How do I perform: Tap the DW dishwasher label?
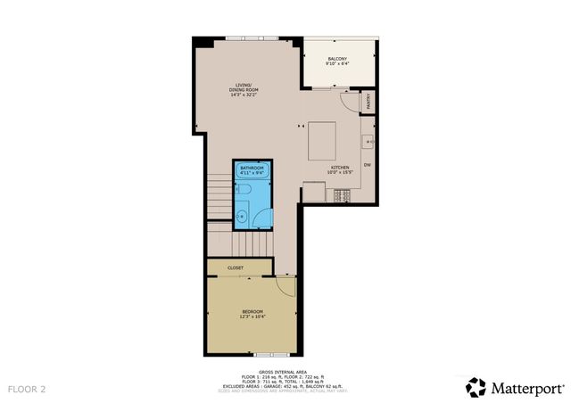click(x=367, y=165)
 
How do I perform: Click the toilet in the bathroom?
click(x=242, y=190)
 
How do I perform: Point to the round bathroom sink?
click(x=242, y=214)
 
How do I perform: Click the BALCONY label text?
click(x=336, y=59)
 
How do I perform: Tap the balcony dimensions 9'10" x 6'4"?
click(x=336, y=64)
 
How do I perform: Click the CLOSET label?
click(x=236, y=267)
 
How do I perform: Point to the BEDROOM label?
click(x=252, y=310)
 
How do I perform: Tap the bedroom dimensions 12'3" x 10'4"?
click(x=252, y=317)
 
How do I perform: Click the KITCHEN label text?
click(x=339, y=167)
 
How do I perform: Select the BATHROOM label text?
click(x=252, y=167)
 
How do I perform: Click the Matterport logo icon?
click(x=476, y=387)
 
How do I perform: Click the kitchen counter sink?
click(x=367, y=141)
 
